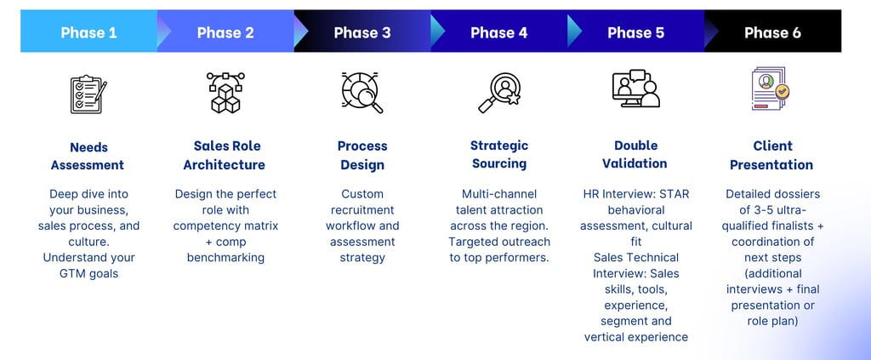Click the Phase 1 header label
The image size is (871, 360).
click(88, 32)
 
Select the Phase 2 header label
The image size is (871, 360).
click(225, 32)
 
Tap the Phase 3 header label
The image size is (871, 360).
click(362, 32)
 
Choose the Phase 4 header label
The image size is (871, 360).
click(499, 32)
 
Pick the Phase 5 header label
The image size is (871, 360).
click(636, 32)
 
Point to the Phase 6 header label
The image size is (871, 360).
click(772, 32)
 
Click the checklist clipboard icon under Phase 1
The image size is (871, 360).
click(88, 94)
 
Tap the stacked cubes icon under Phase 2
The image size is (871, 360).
click(225, 93)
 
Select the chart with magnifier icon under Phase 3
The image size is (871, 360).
click(362, 93)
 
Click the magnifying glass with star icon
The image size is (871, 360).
click(498, 93)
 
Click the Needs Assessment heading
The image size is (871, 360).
click(88, 156)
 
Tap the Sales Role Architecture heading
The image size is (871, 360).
click(225, 155)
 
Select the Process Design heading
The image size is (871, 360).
click(362, 155)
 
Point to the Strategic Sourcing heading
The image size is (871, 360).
click(499, 154)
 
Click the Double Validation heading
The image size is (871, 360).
click(636, 154)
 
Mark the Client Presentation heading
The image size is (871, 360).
click(772, 155)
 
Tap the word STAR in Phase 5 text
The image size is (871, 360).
click(672, 194)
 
